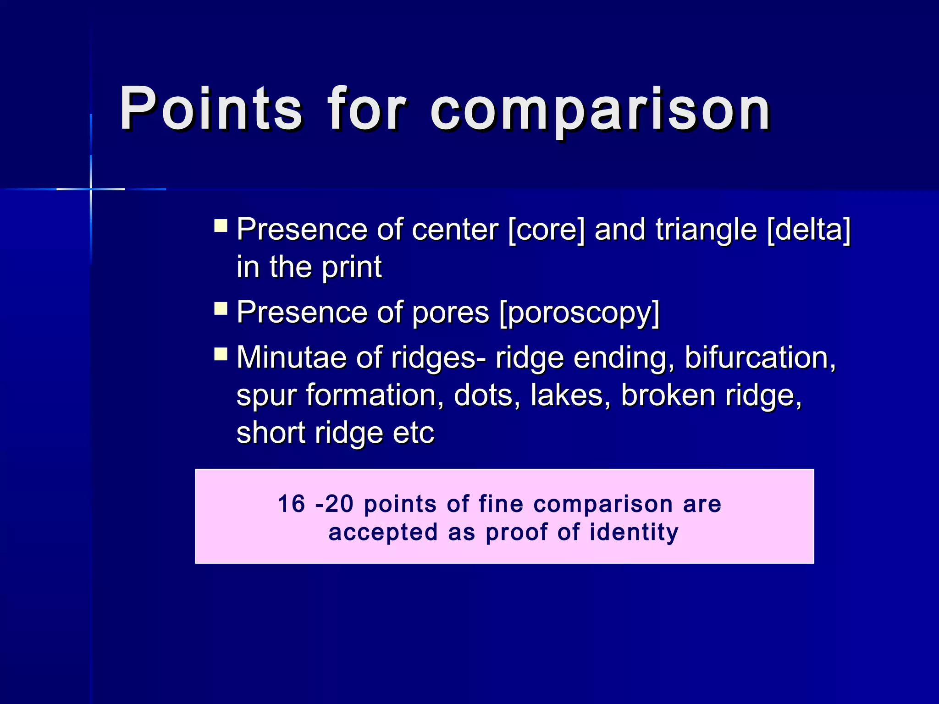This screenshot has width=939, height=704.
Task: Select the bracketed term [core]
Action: (547, 229)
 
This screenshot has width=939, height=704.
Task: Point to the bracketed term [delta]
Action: (809, 229)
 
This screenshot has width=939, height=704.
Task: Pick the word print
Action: (352, 267)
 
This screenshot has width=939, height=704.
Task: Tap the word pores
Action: (450, 313)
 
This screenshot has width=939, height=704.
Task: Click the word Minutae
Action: (291, 357)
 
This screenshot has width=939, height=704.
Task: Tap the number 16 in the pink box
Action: (292, 504)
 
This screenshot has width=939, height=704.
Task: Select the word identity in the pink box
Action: (634, 532)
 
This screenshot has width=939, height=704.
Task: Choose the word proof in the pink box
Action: (516, 533)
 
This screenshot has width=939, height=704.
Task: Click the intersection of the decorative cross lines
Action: (91, 189)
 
